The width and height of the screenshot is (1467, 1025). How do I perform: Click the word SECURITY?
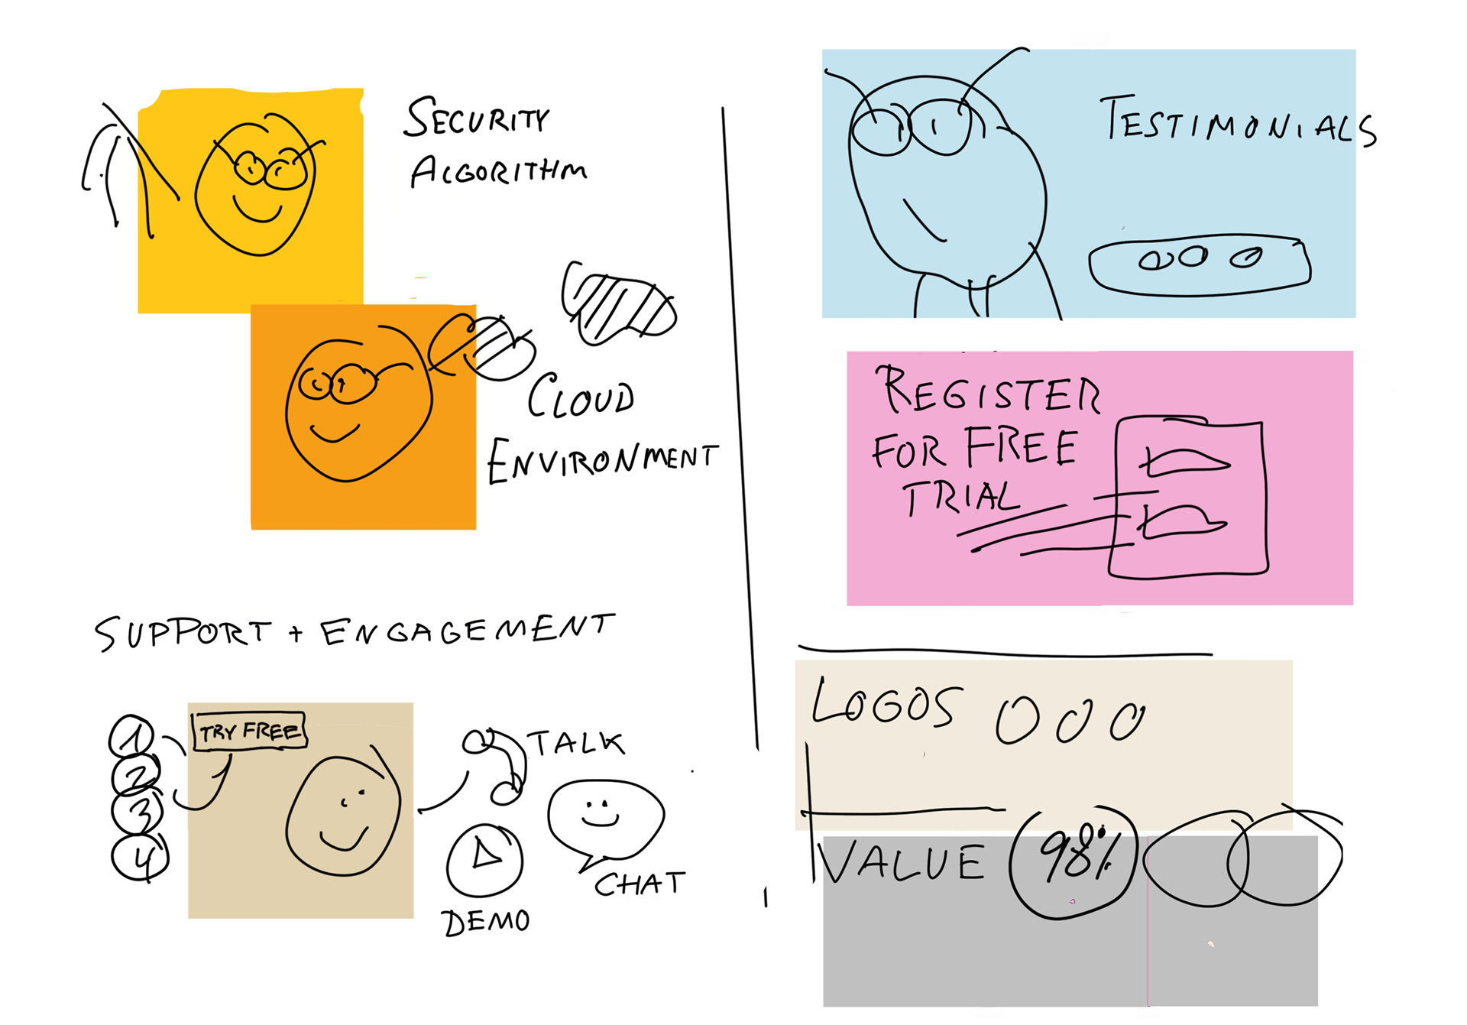(476, 118)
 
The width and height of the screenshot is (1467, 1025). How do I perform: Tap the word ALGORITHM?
(498, 171)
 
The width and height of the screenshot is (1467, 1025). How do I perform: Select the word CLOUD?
(581, 397)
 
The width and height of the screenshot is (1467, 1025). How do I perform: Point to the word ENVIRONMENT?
(602, 460)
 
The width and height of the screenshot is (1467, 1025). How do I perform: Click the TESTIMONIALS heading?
(1238, 122)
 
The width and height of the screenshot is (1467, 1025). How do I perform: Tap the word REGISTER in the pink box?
(990, 391)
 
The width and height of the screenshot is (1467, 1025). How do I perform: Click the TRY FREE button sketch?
(249, 731)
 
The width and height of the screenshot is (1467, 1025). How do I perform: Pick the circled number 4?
(141, 858)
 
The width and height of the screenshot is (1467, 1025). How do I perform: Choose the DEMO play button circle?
(485, 859)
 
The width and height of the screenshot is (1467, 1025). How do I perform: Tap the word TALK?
(577, 743)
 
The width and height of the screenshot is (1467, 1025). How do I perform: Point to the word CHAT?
(640, 884)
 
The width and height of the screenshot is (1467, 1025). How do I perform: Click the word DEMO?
(486, 922)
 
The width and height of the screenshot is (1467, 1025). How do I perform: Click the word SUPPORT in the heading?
(183, 633)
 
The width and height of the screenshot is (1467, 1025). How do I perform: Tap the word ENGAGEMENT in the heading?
(466, 631)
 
